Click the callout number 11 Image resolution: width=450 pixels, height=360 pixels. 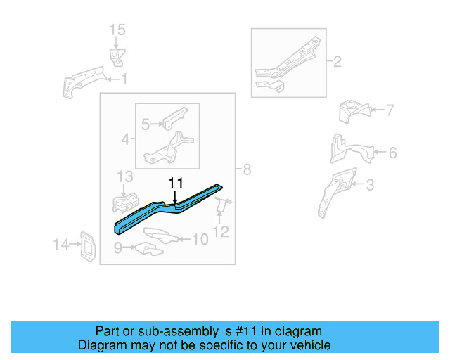(x=175, y=184)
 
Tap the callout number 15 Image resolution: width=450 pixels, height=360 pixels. (x=117, y=30)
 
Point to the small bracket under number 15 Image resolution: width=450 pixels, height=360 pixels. (x=115, y=56)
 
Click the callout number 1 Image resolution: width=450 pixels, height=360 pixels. (x=124, y=79)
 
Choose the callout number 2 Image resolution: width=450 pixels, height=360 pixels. (x=337, y=63)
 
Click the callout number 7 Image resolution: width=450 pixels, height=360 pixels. (x=390, y=110)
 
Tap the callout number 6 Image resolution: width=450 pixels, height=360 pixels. (x=392, y=153)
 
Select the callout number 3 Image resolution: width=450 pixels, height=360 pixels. (x=369, y=186)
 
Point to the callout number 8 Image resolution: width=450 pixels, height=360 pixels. (x=246, y=169)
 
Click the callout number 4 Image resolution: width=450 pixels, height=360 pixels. (x=125, y=140)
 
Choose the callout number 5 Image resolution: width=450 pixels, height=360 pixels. (x=146, y=124)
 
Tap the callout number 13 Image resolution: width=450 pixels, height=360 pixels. (x=124, y=176)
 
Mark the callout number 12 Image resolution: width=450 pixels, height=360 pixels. (x=221, y=231)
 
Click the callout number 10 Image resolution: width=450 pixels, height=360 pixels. (x=200, y=240)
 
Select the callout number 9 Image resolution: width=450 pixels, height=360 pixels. (x=118, y=247)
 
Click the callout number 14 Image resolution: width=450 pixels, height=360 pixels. (x=61, y=245)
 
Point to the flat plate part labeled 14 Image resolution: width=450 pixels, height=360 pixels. (x=87, y=246)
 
